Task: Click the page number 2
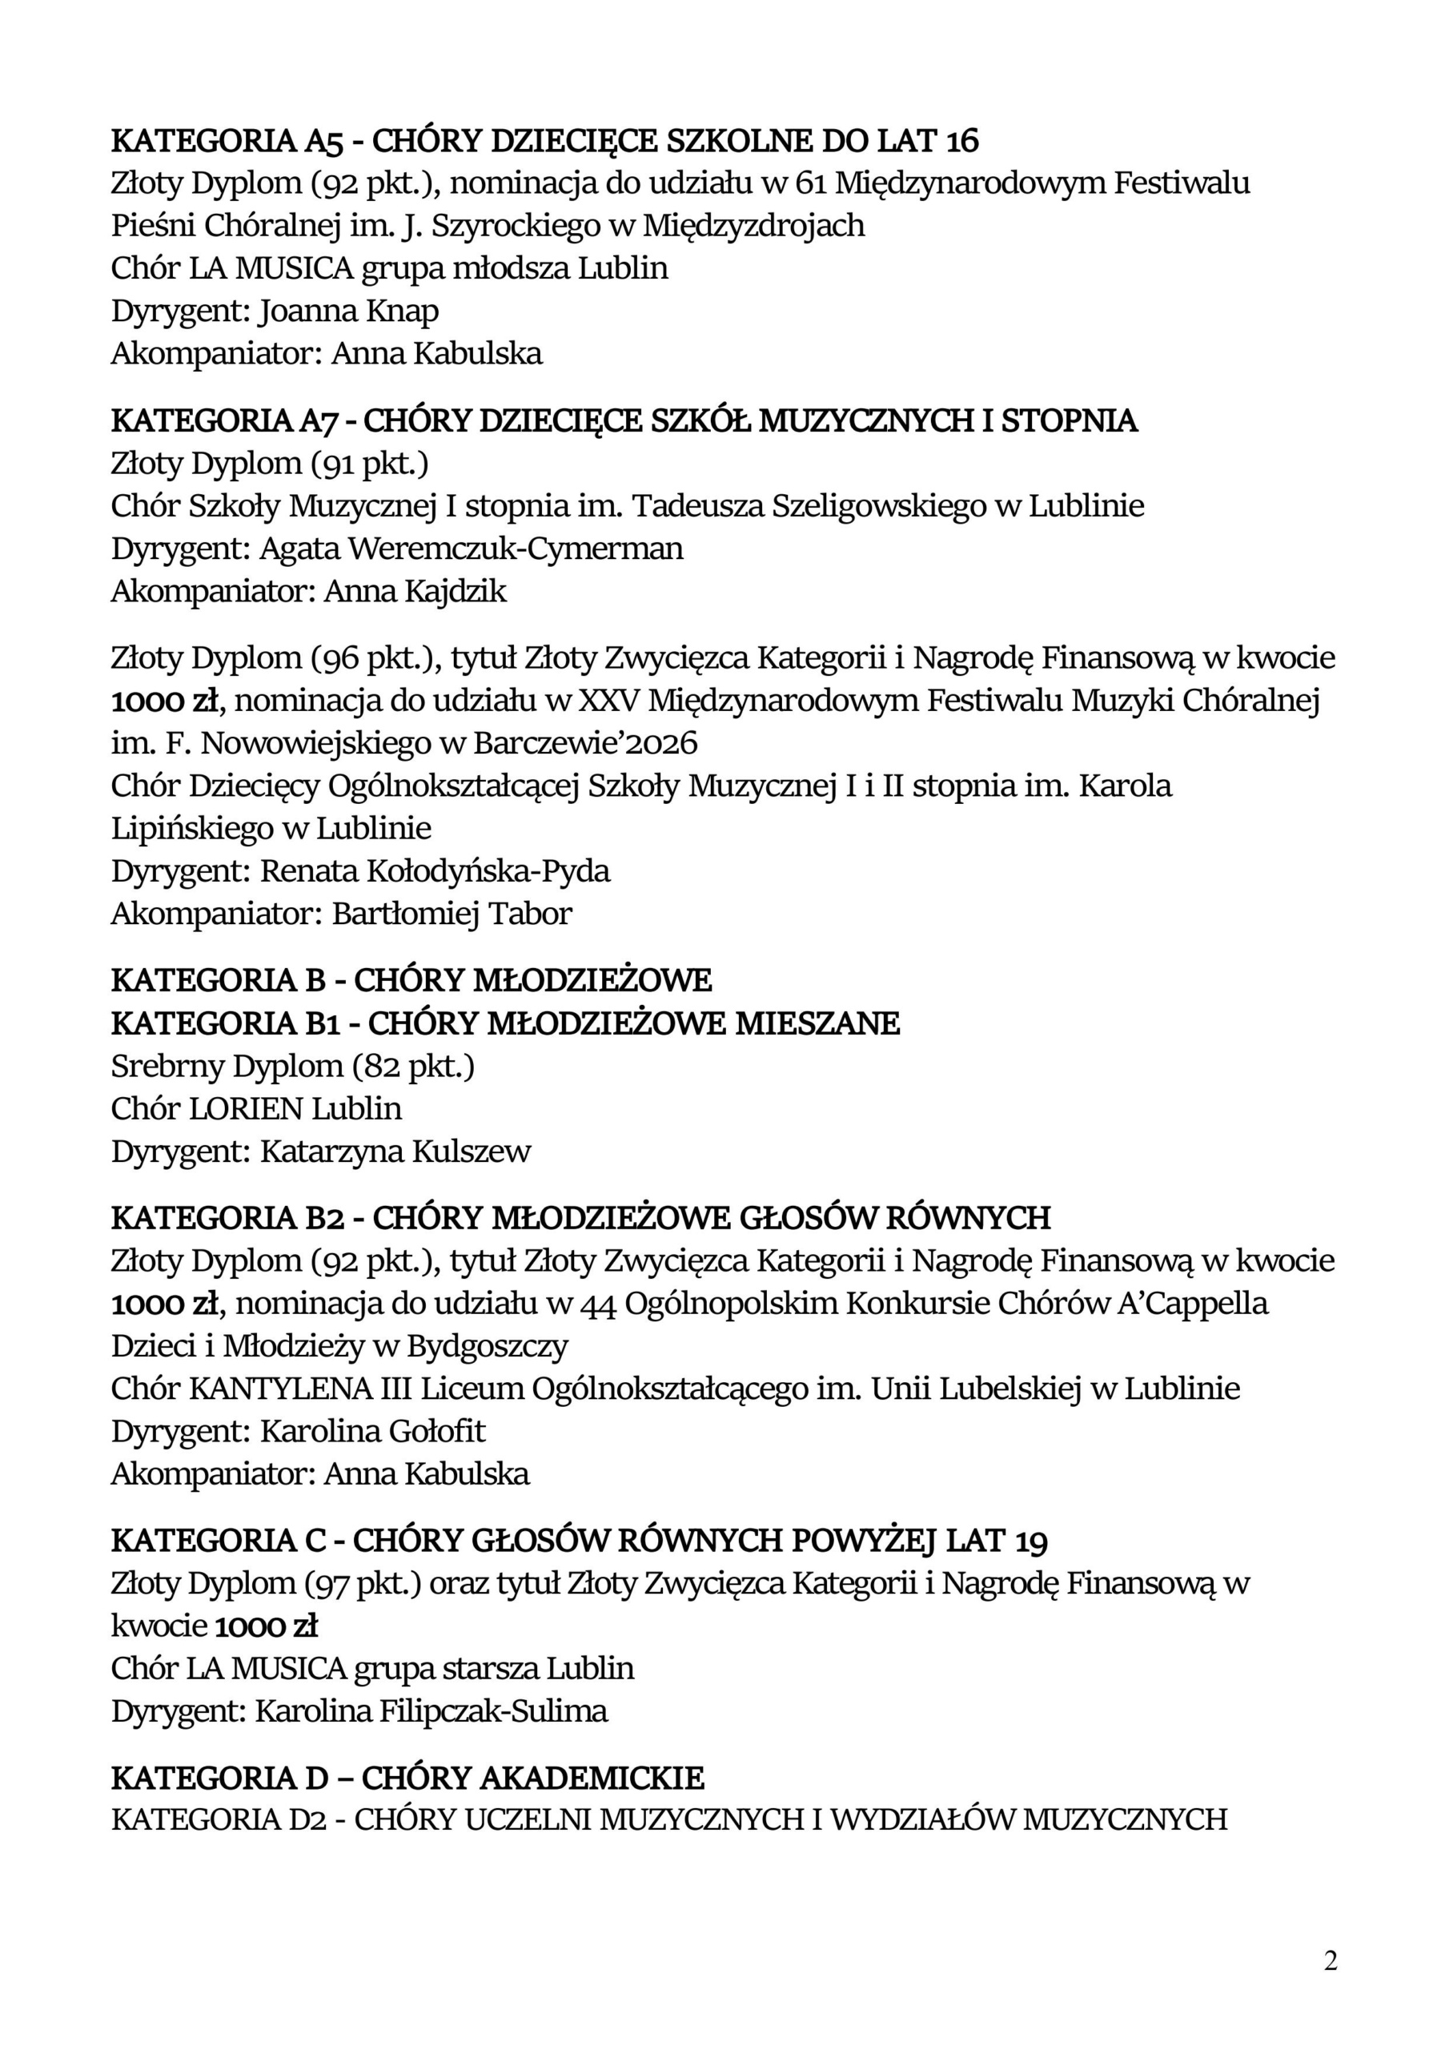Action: point(1331,1962)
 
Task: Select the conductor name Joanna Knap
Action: point(348,311)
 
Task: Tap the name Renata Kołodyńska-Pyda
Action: point(435,870)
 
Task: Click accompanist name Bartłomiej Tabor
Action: point(452,914)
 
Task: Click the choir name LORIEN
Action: point(247,1109)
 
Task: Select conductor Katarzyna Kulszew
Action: point(395,1152)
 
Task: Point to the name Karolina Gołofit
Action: point(372,1431)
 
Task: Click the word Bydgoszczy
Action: point(488,1345)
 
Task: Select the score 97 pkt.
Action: point(364,1583)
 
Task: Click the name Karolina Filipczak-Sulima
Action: point(431,1710)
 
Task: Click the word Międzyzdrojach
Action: point(753,225)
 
